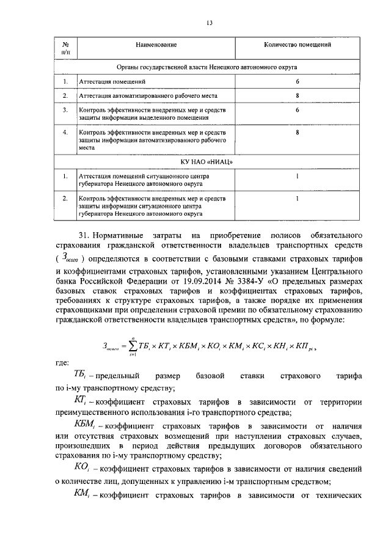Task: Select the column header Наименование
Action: (x=156, y=45)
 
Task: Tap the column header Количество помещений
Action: (x=298, y=45)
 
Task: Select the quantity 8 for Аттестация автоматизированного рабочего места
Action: (x=297, y=96)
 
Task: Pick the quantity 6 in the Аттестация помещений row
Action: (x=297, y=81)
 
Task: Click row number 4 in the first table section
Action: (x=65, y=132)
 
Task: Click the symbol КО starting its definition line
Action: (x=81, y=467)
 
